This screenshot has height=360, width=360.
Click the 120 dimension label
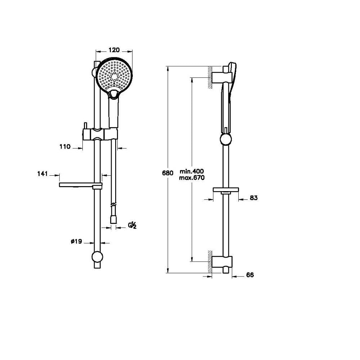point(114,50)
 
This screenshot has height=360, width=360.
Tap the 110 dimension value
point(65,147)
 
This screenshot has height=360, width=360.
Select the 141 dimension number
point(42,174)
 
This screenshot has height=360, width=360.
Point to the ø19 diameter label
point(76,241)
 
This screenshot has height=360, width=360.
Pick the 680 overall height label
point(168,173)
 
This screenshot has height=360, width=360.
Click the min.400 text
point(192,171)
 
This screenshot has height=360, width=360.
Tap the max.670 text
point(192,178)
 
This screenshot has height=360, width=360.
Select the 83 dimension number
point(253,198)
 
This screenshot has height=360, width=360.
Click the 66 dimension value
point(250,275)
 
